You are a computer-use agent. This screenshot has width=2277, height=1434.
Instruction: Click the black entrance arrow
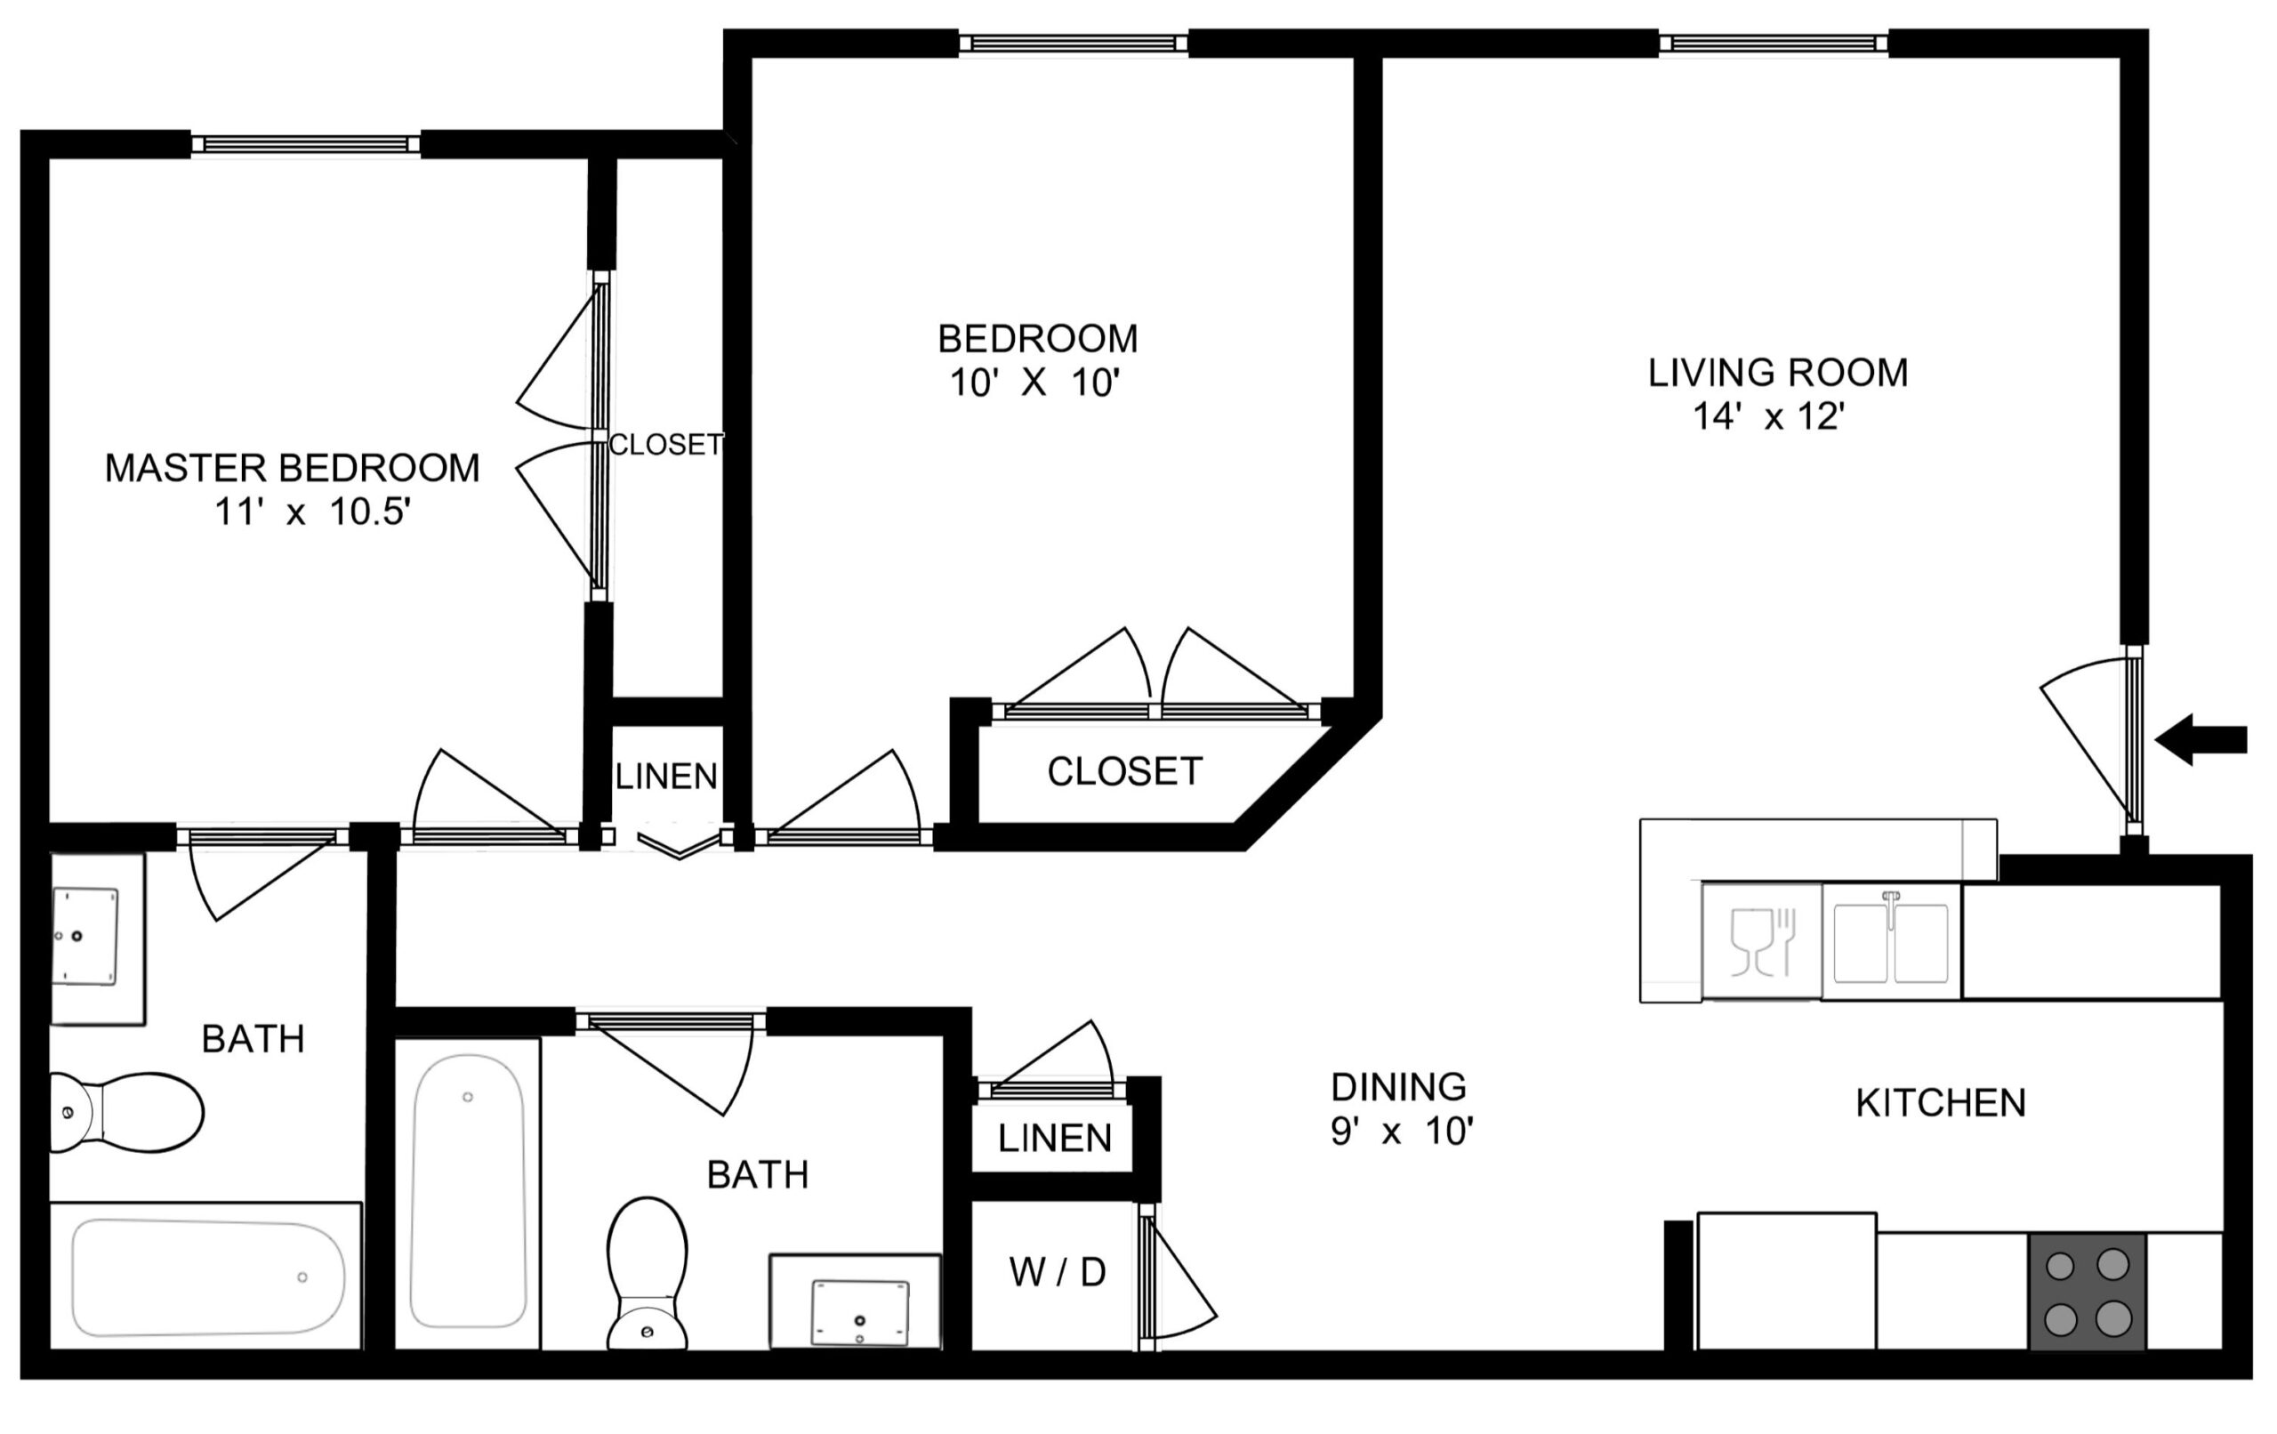click(2201, 740)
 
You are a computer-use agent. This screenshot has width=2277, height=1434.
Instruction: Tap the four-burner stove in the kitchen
click(2087, 1291)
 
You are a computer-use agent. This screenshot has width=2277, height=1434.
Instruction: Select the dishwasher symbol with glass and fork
click(1762, 941)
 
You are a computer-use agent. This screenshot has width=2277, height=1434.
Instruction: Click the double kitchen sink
click(1891, 942)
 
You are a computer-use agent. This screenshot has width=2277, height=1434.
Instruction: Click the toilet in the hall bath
click(647, 1273)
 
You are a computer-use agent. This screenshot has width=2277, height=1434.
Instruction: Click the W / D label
click(1058, 1273)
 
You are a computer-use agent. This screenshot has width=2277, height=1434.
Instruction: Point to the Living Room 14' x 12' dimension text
click(1768, 417)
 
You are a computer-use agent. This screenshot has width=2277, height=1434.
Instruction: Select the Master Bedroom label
click(293, 468)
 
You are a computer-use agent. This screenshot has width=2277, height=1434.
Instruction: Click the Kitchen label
click(1941, 1103)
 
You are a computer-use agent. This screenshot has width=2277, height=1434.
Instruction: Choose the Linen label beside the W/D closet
click(1054, 1139)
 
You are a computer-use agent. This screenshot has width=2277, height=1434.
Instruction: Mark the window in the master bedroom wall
click(305, 144)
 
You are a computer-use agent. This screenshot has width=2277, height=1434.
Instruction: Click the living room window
click(1773, 43)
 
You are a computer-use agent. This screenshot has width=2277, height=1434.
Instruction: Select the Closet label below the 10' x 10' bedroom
click(1124, 772)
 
